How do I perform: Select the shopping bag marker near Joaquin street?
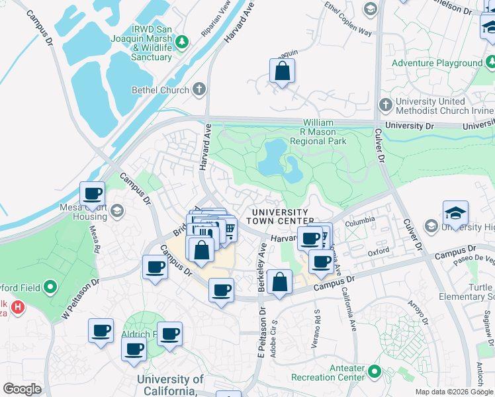point(282,72)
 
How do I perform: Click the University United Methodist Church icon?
point(386,105)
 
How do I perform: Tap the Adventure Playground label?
point(437,63)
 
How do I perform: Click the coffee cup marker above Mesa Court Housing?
point(93,194)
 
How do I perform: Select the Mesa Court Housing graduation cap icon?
point(117,211)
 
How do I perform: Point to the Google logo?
point(22,388)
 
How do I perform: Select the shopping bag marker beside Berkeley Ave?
point(281,283)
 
